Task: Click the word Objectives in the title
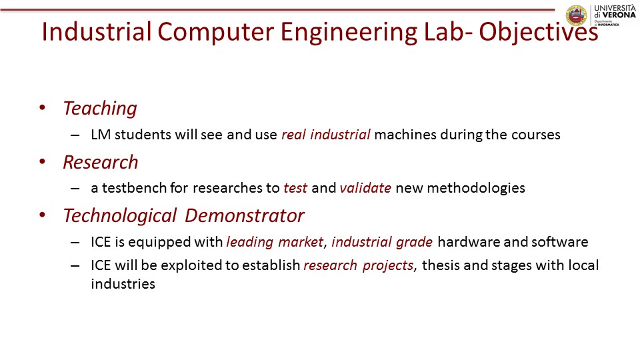(539, 32)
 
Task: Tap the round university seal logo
(576, 15)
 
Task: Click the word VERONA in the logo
(619, 15)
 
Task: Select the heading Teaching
(100, 109)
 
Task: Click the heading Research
(101, 162)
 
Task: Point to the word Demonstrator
(245, 215)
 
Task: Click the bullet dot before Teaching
(42, 108)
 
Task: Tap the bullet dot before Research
(42, 161)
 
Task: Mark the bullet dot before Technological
(42, 215)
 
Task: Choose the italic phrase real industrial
(326, 134)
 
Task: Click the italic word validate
(365, 188)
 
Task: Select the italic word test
(295, 188)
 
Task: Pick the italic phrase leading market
(275, 241)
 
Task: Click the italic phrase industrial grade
(382, 241)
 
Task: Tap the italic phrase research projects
(359, 265)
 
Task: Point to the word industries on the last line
(123, 284)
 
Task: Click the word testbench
(134, 188)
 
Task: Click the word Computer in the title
(215, 32)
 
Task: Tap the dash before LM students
(75, 135)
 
